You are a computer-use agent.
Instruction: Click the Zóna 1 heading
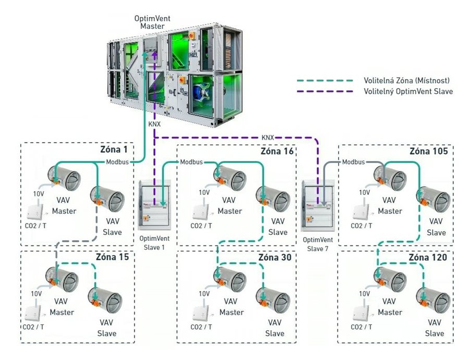coord(114,150)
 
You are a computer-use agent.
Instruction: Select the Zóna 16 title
coord(277,151)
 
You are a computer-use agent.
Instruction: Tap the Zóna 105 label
coord(429,151)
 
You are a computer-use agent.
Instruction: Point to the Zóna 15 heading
coord(113,257)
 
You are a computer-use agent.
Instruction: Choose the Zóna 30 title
coord(275,257)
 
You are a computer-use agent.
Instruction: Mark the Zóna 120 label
coord(428,257)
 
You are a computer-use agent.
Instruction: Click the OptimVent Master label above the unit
coord(152,22)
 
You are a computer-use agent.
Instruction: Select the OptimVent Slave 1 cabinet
coord(155,205)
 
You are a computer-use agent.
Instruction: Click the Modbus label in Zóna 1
coord(117,162)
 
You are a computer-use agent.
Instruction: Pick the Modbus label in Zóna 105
coord(353,162)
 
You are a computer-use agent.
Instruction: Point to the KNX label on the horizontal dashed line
coord(268,138)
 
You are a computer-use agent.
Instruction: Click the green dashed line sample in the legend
coord(325,81)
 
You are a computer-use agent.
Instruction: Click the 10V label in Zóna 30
coord(204,294)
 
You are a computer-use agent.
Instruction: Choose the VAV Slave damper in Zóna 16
coord(272,199)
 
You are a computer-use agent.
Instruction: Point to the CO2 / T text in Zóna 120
coord(361,327)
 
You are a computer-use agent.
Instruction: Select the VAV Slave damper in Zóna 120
coord(433,301)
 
